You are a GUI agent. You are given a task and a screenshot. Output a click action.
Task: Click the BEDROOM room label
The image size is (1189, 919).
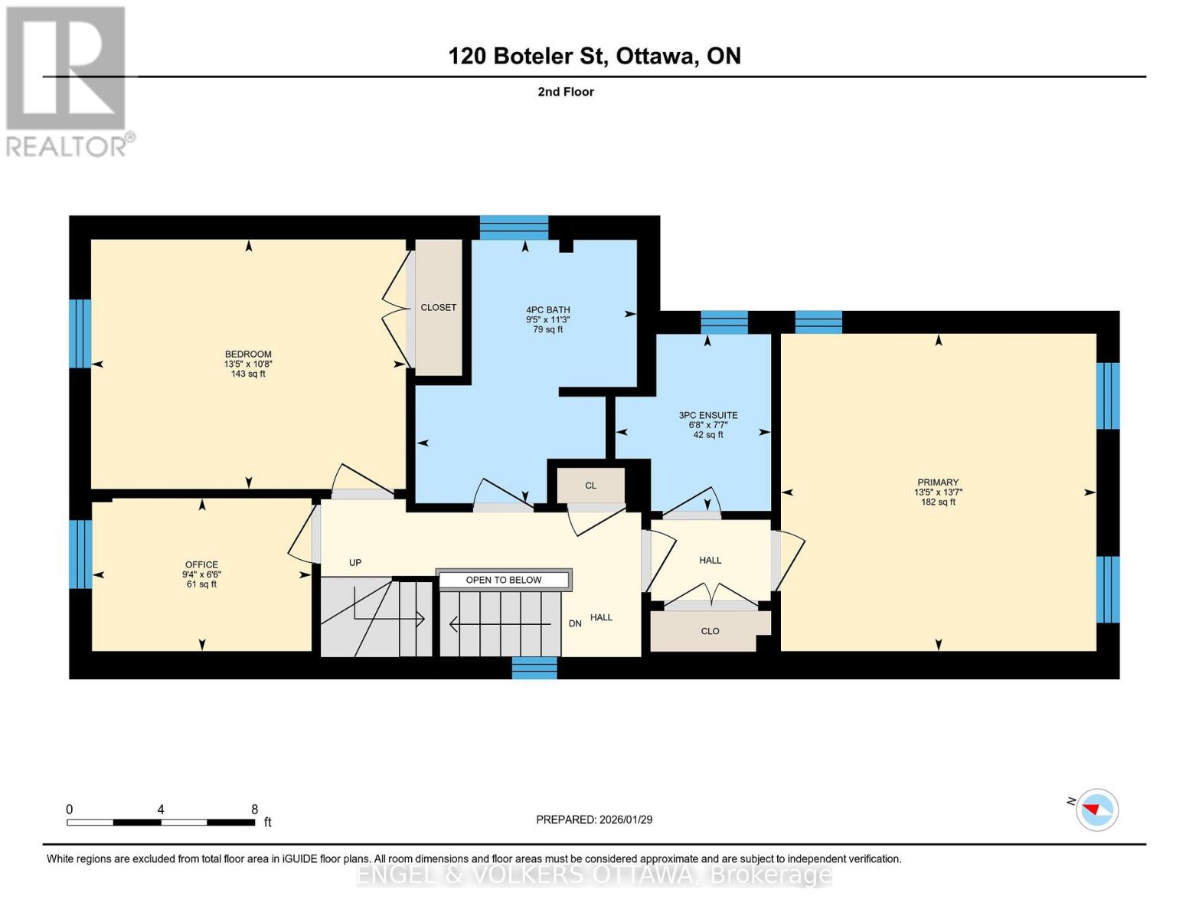(x=248, y=355)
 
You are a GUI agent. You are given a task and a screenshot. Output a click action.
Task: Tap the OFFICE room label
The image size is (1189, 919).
(x=201, y=565)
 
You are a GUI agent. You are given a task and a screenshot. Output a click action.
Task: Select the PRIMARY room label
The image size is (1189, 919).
(x=937, y=483)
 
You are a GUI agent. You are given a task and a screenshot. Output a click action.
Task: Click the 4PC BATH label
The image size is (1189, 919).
(x=547, y=310)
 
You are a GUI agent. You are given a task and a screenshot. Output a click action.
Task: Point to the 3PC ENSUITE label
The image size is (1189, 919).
(x=707, y=416)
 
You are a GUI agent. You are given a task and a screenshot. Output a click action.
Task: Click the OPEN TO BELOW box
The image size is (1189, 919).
(x=504, y=580)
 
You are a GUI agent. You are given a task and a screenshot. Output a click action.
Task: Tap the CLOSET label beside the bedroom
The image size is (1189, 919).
(x=439, y=307)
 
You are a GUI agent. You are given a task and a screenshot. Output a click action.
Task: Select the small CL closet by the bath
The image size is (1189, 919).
(x=590, y=486)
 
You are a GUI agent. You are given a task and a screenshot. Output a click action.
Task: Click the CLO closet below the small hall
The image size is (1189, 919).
(x=710, y=631)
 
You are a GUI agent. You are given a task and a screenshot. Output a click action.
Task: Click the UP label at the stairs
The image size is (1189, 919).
(x=355, y=563)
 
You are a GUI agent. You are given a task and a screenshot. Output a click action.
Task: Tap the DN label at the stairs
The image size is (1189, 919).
(x=575, y=623)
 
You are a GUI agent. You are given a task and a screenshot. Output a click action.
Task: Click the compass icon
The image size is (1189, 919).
(x=1096, y=809)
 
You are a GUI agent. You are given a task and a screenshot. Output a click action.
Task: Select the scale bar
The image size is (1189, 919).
(x=161, y=823)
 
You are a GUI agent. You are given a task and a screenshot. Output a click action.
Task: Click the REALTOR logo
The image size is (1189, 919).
(x=67, y=80)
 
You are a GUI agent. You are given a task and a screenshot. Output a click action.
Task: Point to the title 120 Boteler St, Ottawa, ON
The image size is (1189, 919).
(x=594, y=56)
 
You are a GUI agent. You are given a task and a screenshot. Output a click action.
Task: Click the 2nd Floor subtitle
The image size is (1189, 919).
(x=566, y=92)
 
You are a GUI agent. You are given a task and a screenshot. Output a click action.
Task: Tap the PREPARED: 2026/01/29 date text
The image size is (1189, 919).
(x=594, y=819)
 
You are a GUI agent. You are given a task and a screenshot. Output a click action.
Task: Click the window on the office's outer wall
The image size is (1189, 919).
(x=80, y=554)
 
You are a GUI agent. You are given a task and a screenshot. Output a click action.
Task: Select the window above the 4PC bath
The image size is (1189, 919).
(x=514, y=227)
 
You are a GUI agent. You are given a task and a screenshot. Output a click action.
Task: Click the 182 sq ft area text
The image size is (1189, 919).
(x=938, y=502)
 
